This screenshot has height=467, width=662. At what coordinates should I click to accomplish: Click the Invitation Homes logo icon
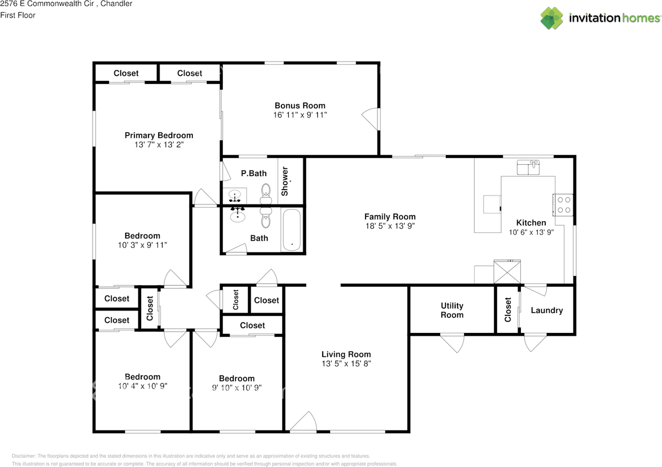(551, 18)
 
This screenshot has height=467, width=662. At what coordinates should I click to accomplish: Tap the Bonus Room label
(300, 106)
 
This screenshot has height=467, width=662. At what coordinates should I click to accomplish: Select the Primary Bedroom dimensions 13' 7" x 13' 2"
(159, 145)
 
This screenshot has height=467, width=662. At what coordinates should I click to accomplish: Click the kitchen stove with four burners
(563, 205)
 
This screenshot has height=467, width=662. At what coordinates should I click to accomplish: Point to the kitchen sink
(528, 168)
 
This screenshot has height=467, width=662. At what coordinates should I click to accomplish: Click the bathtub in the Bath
(292, 230)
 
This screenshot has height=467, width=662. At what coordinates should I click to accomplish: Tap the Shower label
(284, 181)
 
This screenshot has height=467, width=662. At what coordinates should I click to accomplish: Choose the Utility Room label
(452, 310)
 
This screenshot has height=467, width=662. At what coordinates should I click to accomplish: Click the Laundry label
(547, 311)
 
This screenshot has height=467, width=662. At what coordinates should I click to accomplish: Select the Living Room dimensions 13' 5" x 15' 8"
(347, 364)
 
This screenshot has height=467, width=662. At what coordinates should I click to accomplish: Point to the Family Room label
(390, 216)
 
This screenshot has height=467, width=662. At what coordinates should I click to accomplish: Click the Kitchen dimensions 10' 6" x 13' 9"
(531, 232)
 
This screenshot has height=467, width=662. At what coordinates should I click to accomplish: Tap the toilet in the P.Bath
(266, 194)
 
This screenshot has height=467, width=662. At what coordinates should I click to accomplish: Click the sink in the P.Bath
(235, 196)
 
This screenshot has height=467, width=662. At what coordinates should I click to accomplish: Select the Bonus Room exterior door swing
(370, 119)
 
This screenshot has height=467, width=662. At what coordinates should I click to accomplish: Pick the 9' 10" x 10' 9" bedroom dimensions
(237, 388)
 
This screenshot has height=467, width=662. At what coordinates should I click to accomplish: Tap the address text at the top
(66, 4)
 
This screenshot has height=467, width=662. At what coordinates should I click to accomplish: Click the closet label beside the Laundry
(508, 310)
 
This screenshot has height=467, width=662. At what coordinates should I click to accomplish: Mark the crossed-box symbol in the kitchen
(507, 272)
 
